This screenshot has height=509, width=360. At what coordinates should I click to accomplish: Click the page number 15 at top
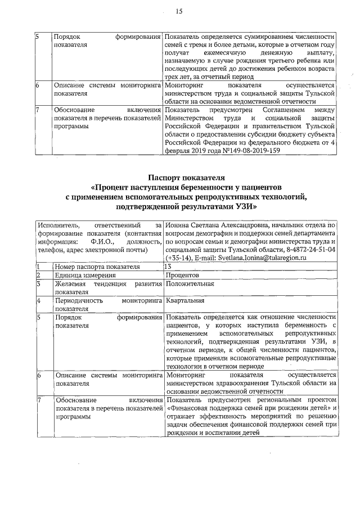point(179,11)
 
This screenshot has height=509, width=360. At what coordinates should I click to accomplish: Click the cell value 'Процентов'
point(182,275)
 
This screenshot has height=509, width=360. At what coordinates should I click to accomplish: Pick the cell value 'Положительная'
point(190,284)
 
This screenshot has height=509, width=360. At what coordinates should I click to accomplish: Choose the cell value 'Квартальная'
point(186,301)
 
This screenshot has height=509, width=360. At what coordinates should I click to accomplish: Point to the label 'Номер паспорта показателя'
point(97,266)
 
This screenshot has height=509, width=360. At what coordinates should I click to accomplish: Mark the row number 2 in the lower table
point(38,275)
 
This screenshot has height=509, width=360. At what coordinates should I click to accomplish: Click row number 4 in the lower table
point(38,301)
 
